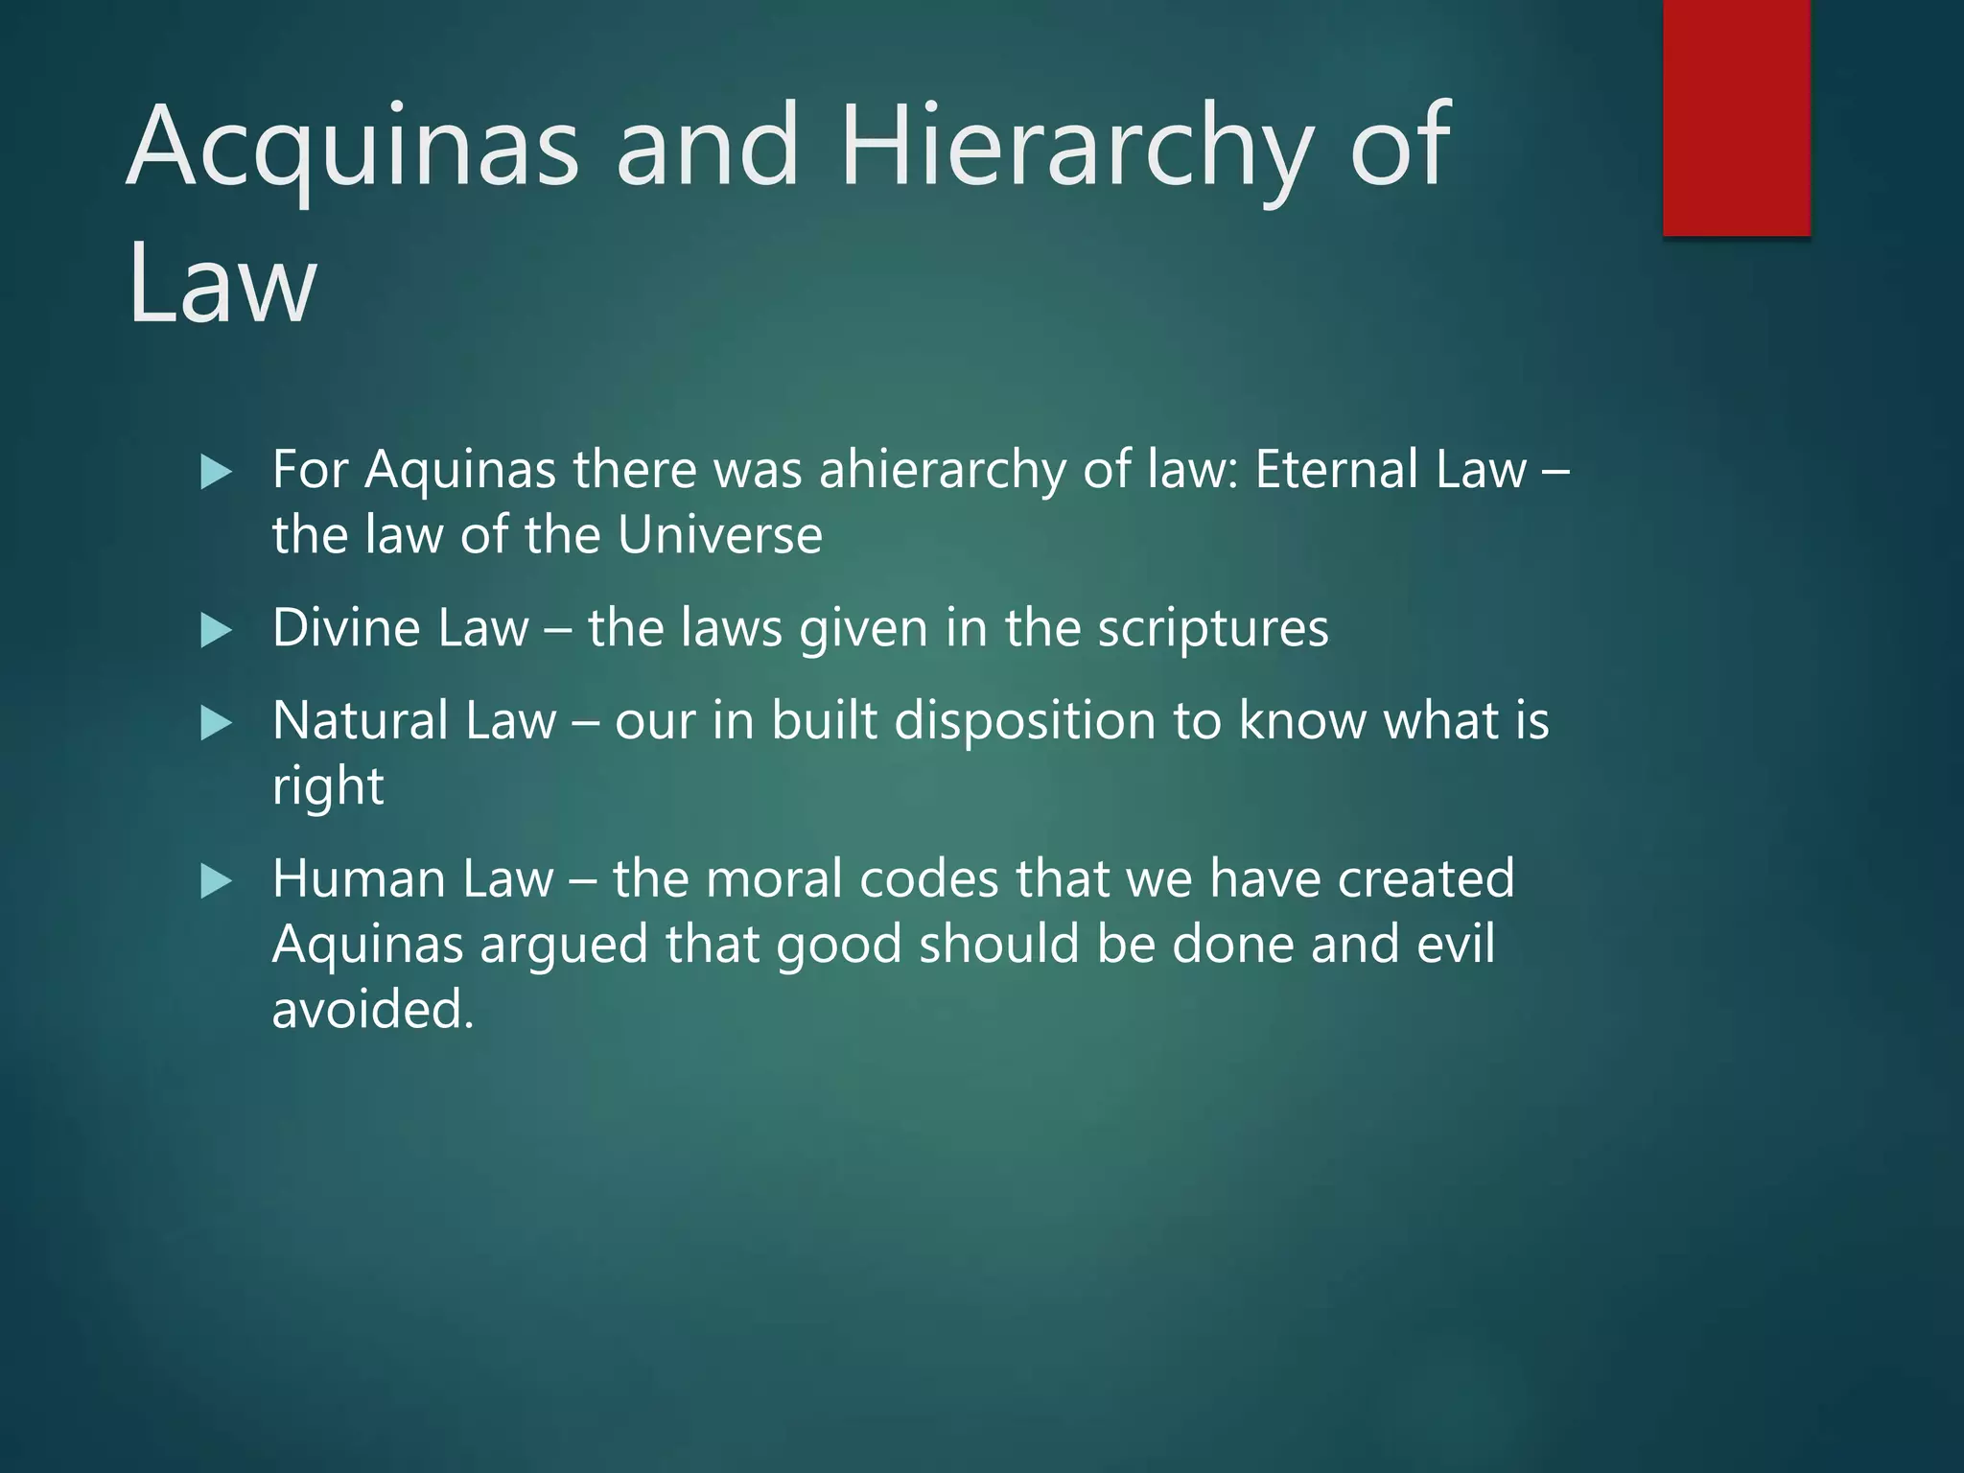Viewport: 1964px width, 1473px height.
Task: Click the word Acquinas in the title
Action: pyautogui.click(x=353, y=149)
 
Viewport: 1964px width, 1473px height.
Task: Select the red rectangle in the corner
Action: pyautogui.click(x=1736, y=117)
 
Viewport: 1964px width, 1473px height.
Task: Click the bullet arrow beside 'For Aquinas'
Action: pyautogui.click(x=217, y=472)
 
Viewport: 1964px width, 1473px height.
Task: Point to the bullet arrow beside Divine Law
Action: pyautogui.click(x=217, y=630)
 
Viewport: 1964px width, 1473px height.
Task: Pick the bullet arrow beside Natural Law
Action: pyautogui.click(x=217, y=722)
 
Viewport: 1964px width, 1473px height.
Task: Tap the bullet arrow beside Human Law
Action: pyautogui.click(x=217, y=880)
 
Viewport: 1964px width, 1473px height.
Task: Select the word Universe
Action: pyautogui.click(x=719, y=535)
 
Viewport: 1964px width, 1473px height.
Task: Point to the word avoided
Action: pyautogui.click(x=372, y=1010)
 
